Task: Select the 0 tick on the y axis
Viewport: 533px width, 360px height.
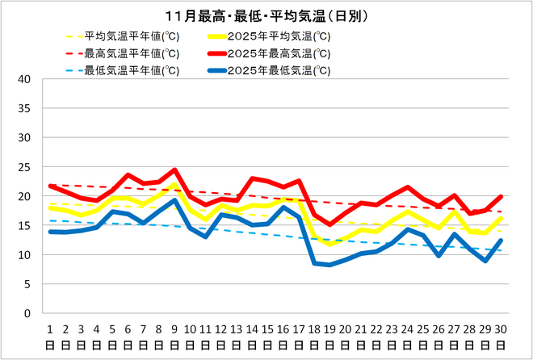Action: click(27, 313)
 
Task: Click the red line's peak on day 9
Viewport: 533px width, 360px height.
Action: click(174, 170)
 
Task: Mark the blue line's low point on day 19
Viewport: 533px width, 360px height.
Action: click(330, 265)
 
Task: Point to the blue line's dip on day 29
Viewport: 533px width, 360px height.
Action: click(485, 261)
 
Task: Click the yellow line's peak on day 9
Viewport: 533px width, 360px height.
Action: click(174, 185)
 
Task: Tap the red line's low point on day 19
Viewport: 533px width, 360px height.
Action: click(330, 224)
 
